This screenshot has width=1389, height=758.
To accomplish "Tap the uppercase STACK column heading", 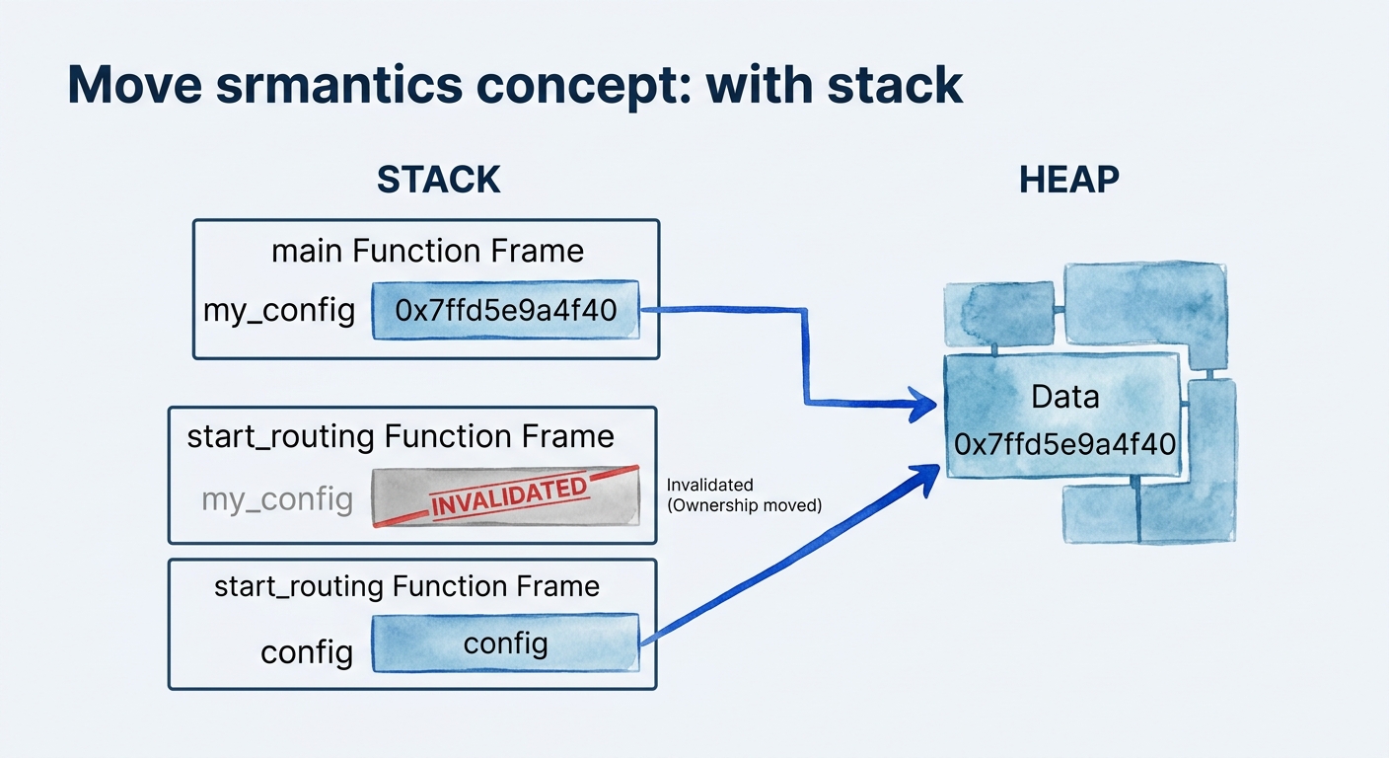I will click(438, 180).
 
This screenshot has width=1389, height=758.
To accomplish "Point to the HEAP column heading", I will click(1068, 180).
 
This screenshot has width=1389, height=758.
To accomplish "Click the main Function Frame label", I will click(427, 251).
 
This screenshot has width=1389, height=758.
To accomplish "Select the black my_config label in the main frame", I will click(279, 311).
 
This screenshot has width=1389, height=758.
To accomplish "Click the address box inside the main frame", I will click(505, 311).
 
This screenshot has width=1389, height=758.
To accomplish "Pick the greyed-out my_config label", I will click(276, 498).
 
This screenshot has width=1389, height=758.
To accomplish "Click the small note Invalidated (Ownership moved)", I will click(744, 495).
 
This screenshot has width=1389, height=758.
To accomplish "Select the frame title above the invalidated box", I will click(400, 436).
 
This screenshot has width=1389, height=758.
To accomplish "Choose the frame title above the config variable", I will click(406, 586).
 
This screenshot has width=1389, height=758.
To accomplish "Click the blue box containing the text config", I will click(505, 644).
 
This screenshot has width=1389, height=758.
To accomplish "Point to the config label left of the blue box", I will click(306, 651).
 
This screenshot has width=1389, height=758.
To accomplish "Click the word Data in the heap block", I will click(1064, 397).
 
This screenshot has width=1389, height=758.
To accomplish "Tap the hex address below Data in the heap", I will click(1064, 443).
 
